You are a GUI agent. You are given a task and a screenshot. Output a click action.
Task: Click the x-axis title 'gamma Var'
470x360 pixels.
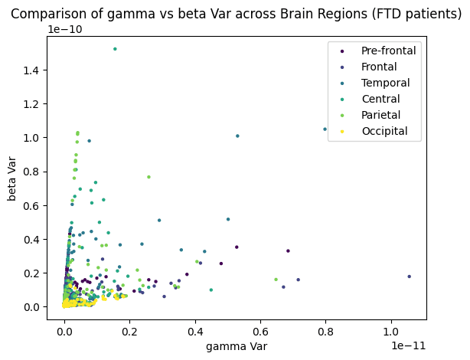(x=237, y=348)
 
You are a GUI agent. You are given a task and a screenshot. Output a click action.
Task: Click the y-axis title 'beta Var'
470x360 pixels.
(x=13, y=178)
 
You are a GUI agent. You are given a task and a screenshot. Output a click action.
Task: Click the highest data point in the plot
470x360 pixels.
(x=115, y=49)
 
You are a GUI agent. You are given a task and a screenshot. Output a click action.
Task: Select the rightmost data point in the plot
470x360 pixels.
(x=409, y=277)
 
